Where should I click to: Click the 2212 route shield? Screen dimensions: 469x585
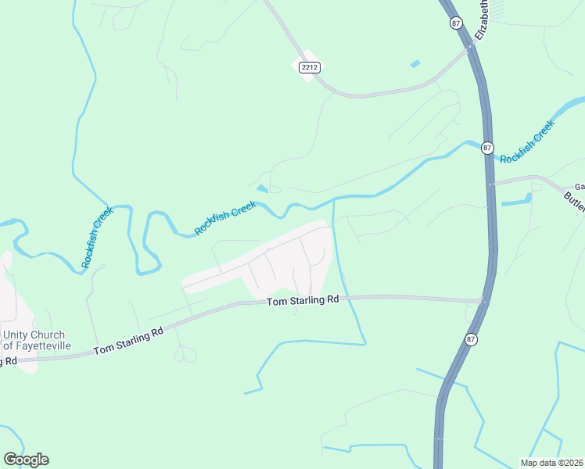coord(310,68)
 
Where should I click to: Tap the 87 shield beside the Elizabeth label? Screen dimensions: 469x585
coord(457,23)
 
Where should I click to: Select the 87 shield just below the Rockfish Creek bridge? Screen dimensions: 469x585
coord(487,148)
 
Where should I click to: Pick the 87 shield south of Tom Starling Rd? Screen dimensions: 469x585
coord(470,338)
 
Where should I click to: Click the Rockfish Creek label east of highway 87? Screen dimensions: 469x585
coord(527,141)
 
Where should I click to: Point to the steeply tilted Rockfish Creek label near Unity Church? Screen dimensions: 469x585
coord(97,238)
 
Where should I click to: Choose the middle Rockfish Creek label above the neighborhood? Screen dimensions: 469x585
coord(225,217)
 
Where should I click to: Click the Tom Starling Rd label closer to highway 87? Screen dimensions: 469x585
coord(303,300)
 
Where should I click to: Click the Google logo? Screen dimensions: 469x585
coord(26,460)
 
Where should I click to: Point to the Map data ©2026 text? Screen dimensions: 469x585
coord(551,463)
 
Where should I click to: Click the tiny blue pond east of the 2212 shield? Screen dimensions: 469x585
coord(415,63)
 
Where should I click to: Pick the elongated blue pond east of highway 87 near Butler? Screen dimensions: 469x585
coord(517,201)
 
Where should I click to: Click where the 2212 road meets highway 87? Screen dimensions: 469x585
coord(471,47)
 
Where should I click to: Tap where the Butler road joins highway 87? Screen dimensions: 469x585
coord(491,184)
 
